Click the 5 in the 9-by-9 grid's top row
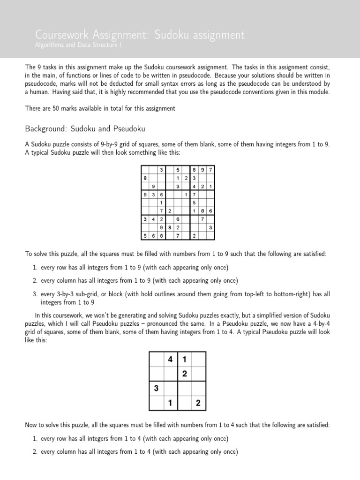[178, 170]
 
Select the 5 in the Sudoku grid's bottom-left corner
[145, 235]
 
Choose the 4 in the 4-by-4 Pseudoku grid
[170, 360]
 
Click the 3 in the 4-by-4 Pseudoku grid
[156, 388]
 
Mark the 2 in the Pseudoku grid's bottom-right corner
[198, 402]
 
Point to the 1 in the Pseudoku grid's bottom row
[170, 402]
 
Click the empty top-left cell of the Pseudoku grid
[156, 360]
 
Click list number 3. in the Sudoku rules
[35, 294]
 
